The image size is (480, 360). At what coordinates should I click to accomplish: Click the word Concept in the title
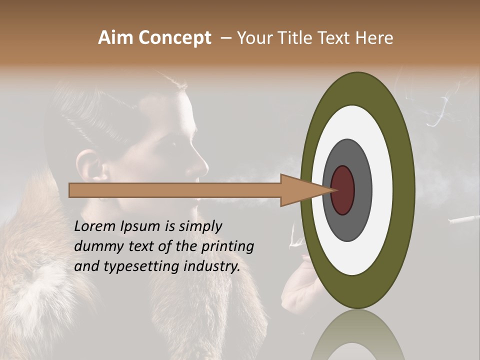175,38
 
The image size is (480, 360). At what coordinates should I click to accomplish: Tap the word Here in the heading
374,38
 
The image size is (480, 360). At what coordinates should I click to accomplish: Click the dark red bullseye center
343,190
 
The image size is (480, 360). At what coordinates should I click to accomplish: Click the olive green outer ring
404,190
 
